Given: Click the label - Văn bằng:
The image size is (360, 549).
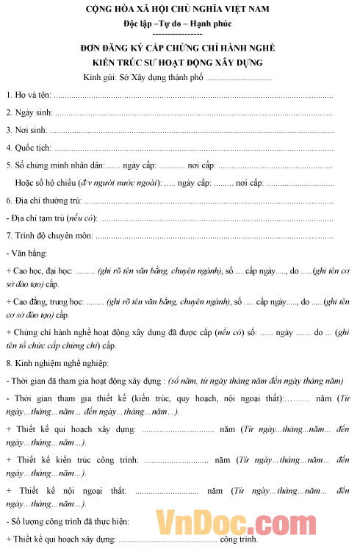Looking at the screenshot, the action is (24, 253).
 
